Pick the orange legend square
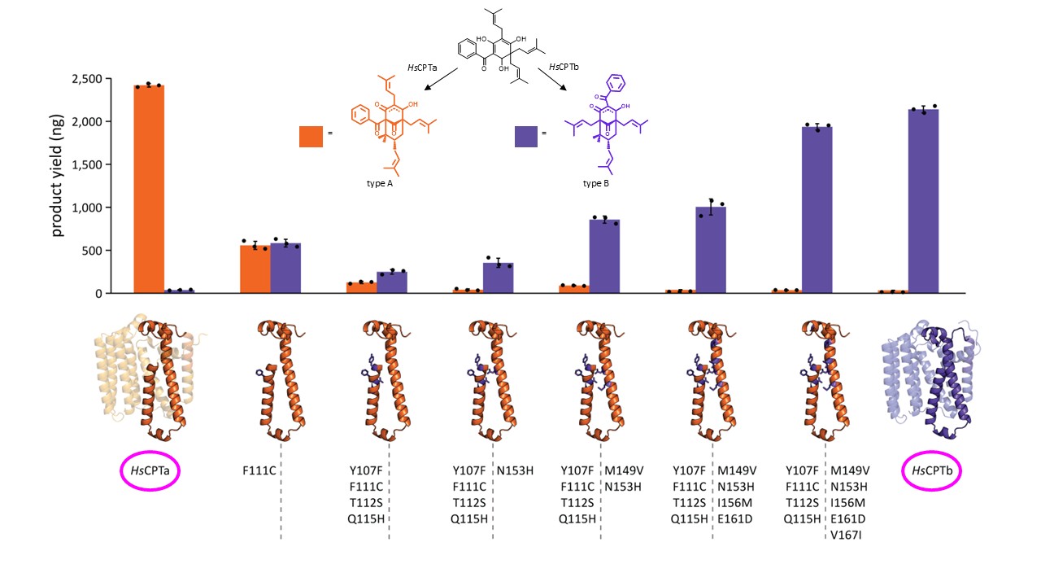point(311,136)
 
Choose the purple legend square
point(527,136)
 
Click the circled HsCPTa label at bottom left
point(148,470)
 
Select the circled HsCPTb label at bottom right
point(934,470)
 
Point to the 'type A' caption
point(381,184)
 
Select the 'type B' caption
point(596,184)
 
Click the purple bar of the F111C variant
point(285,268)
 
